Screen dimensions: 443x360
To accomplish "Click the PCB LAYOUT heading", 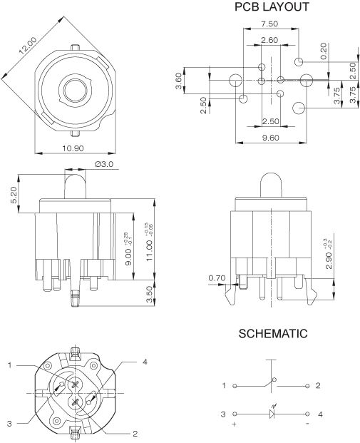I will (x=272, y=7).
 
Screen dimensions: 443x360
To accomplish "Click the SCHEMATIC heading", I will (x=273, y=333).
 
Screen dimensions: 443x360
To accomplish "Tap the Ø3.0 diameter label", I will (x=104, y=164).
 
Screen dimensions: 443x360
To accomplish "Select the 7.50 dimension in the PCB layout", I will (x=269, y=24).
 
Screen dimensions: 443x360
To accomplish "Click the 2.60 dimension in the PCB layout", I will (x=269, y=40).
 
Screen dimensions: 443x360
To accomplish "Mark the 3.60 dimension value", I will (x=180, y=79).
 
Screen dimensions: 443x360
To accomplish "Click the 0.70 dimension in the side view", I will (x=217, y=277).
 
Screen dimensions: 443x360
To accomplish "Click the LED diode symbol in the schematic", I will (x=272, y=414).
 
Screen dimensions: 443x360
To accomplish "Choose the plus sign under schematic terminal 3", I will (x=234, y=424).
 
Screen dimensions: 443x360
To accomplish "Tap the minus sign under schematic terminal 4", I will (x=308, y=424).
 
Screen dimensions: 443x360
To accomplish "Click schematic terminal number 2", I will (x=319, y=385).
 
